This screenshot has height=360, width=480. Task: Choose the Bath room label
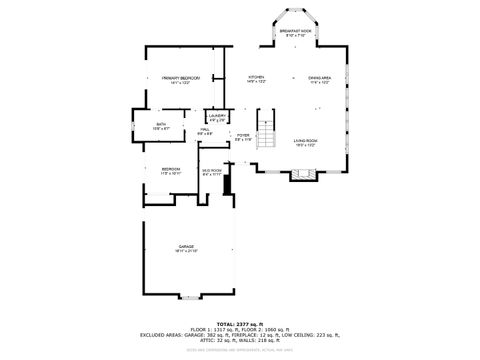coord(162,126)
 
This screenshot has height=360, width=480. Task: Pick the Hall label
coord(204,131)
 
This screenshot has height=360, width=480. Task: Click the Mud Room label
coord(211,171)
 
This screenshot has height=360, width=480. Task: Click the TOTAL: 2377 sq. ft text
coord(239,324)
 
